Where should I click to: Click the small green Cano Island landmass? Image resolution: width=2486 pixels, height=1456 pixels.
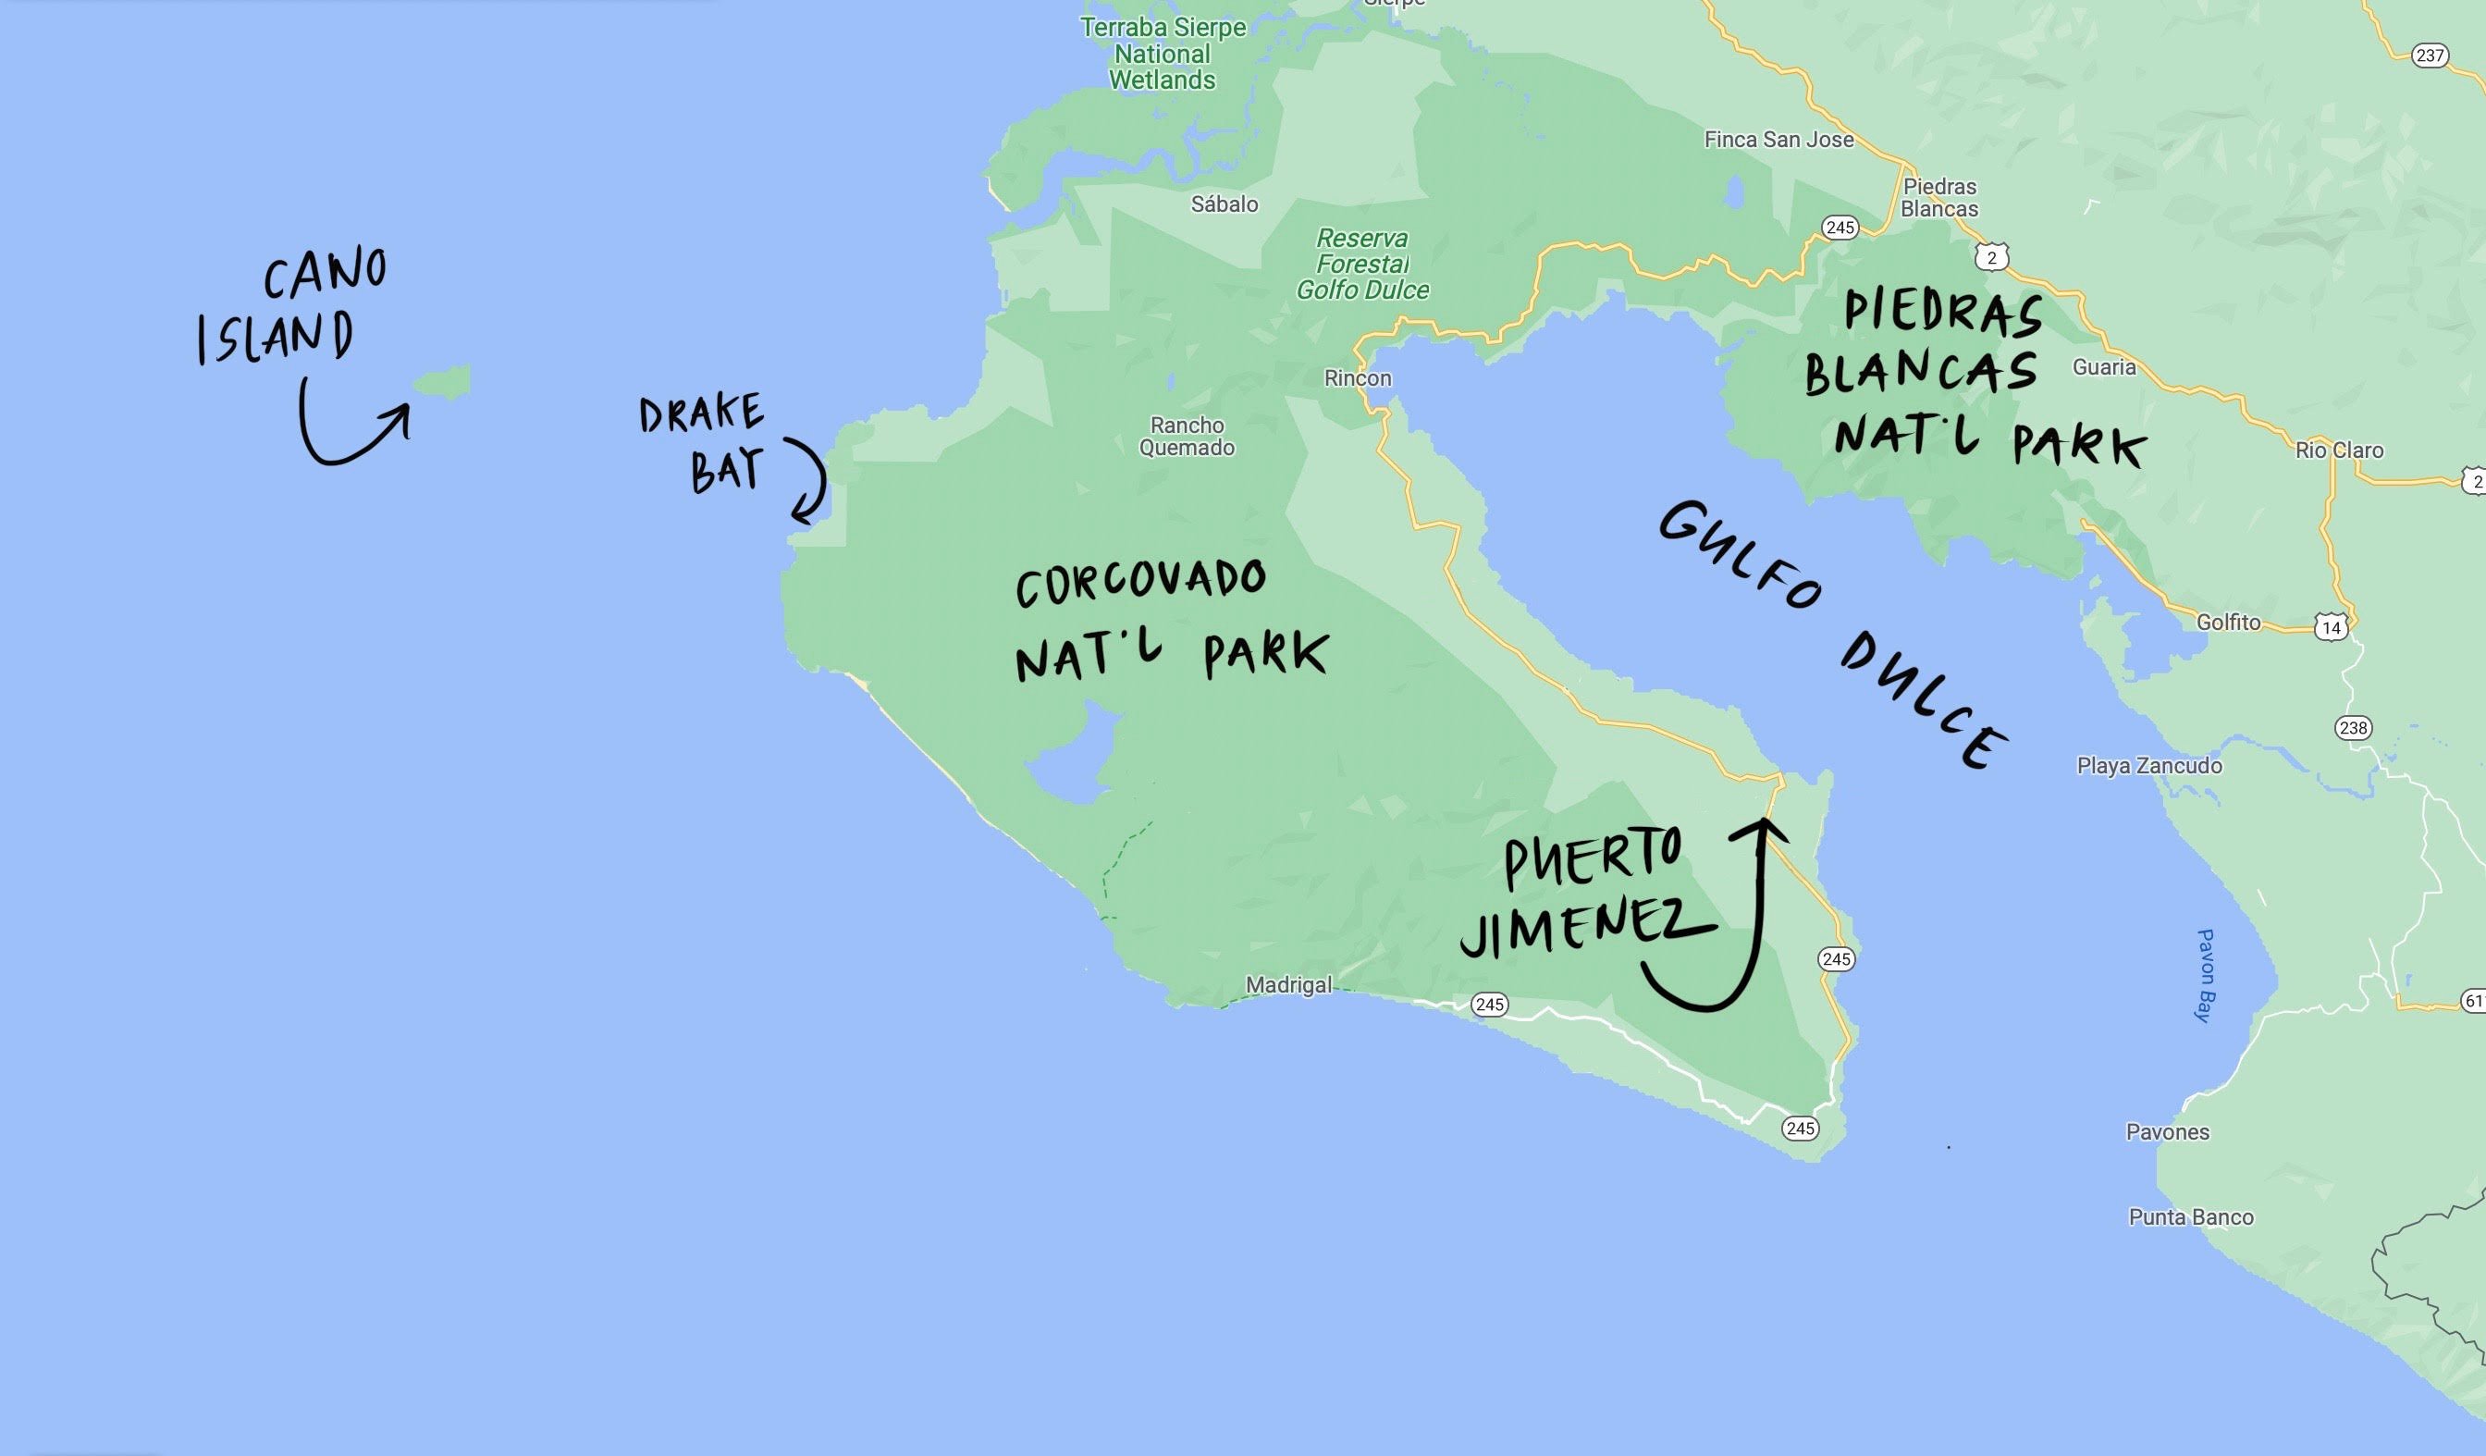click(443, 380)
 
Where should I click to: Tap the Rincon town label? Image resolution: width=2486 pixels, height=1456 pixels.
click(1358, 378)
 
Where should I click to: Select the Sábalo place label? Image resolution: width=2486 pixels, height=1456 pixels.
click(1225, 204)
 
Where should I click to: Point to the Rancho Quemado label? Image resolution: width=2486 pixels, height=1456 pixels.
click(1187, 436)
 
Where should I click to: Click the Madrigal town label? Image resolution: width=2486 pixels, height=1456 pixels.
click(1288, 984)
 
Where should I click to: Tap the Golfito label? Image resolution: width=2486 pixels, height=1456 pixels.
click(2229, 623)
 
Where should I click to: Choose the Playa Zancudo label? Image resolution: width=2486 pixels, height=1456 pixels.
click(2149, 766)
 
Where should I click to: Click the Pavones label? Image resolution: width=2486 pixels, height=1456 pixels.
click(2167, 1132)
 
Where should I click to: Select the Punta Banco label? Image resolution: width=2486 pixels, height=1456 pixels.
click(2191, 1217)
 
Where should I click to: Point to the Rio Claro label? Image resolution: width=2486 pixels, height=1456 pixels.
click(2339, 450)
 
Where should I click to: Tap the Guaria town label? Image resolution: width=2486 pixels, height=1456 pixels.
click(2104, 367)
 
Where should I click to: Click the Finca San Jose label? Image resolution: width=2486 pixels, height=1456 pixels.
click(1778, 140)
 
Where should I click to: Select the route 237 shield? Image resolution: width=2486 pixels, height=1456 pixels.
click(2430, 56)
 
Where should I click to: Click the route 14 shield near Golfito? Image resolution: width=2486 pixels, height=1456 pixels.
click(2332, 627)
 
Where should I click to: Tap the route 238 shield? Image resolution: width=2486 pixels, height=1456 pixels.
click(2353, 728)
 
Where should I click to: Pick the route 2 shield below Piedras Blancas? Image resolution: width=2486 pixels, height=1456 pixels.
click(1992, 257)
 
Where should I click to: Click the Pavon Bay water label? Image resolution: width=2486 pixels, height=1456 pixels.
click(2206, 976)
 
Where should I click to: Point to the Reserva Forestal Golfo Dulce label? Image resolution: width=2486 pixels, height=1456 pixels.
click(1362, 265)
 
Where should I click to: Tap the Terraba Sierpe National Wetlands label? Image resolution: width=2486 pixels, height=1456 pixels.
click(1163, 55)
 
